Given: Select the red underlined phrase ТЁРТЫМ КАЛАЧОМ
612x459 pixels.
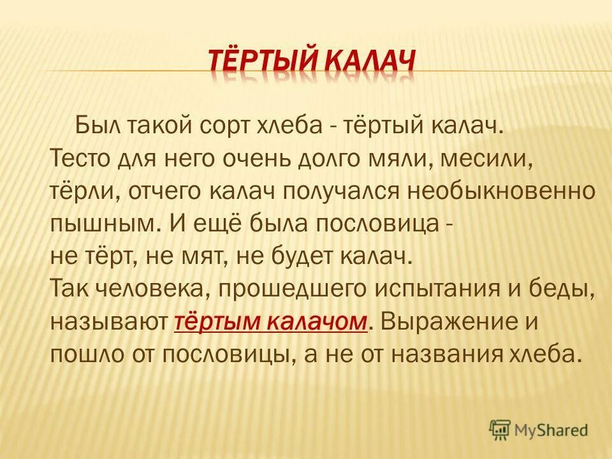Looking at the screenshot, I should [271, 323].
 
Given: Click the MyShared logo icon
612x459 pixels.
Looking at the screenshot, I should [500, 430].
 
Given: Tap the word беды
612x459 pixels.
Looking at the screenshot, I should [568, 290].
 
